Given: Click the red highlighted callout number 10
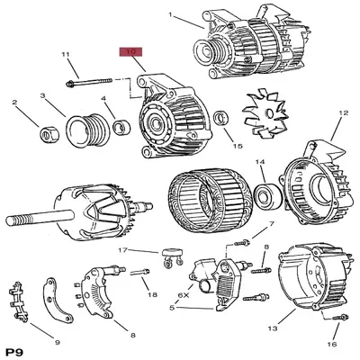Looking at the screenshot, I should [130, 53].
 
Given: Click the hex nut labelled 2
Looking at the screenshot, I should [46, 134].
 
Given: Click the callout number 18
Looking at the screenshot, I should [153, 294].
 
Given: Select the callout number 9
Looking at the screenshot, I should [57, 342].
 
